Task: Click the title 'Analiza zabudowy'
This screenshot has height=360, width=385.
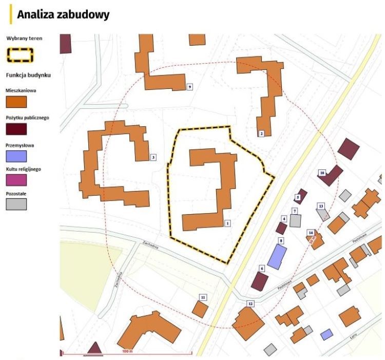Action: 63,15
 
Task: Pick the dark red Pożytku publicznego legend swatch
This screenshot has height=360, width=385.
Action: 16,129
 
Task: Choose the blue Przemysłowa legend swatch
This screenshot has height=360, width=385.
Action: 16,156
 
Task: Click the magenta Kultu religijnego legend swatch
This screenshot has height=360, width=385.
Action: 16,180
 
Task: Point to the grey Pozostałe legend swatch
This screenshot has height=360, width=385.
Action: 16,204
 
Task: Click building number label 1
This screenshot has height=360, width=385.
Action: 227,223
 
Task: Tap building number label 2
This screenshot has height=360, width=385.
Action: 261,134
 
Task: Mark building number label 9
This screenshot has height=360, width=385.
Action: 190,87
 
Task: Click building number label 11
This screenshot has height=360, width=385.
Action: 203,297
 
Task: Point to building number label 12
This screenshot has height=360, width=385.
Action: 251,304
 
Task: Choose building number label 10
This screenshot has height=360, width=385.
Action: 322,173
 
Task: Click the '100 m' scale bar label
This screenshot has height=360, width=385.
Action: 127,351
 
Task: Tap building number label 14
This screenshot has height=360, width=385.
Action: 311,233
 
